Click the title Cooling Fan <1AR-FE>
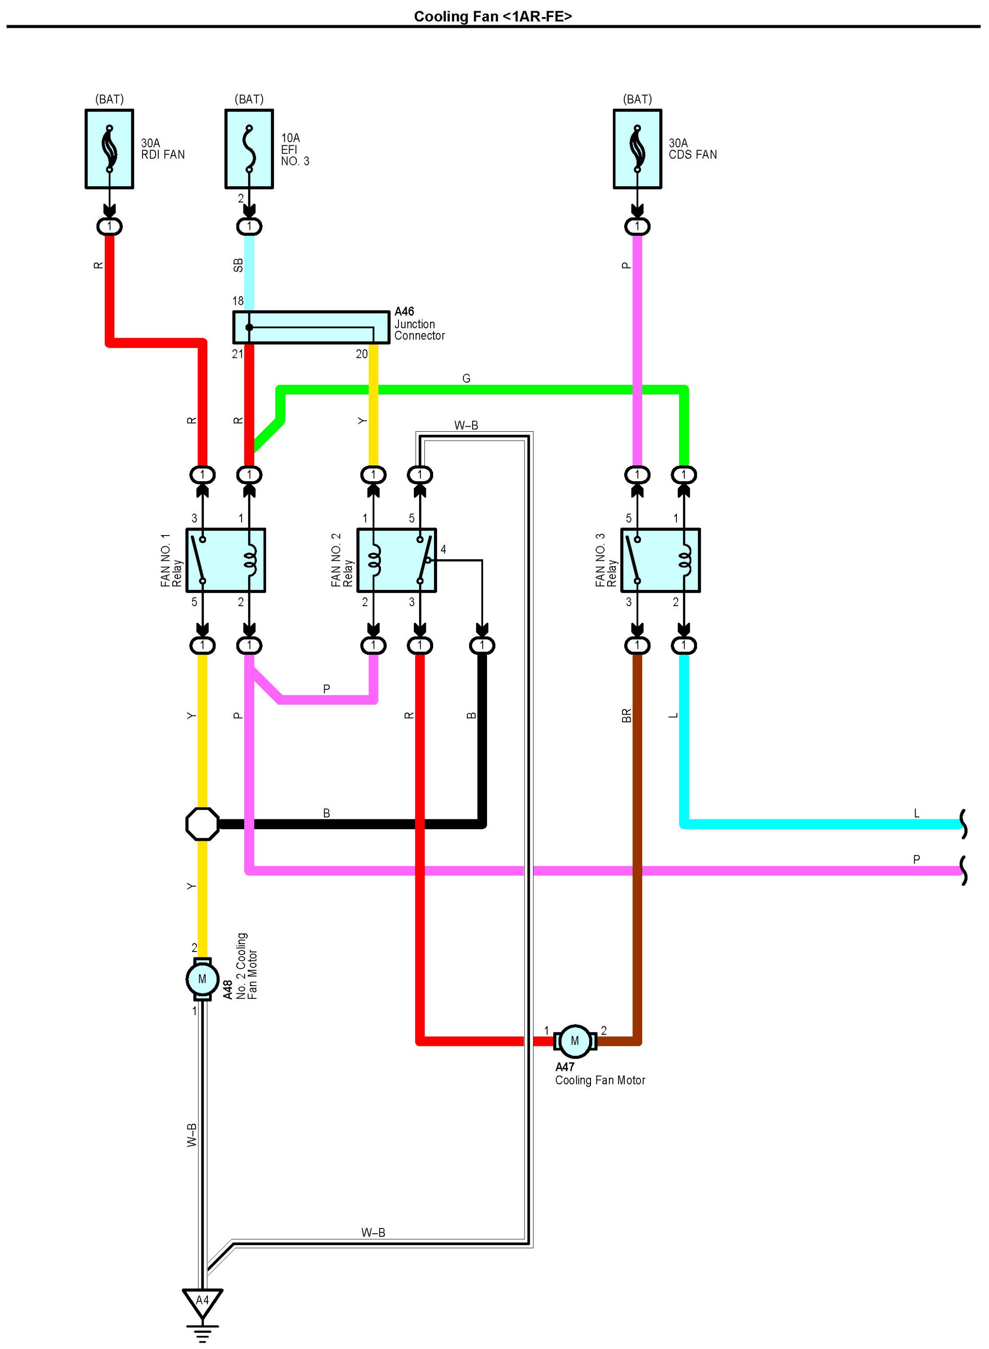pyautogui.click(x=493, y=16)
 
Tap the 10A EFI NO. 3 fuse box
pyautogui.click(x=249, y=149)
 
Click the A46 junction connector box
pyautogui.click(x=311, y=327)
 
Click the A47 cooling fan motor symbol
pyautogui.click(x=575, y=1041)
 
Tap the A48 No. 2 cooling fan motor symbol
pyautogui.click(x=202, y=979)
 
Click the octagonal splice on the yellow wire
pyautogui.click(x=202, y=824)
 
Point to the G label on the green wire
pyautogui.click(x=466, y=378)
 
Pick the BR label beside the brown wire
pyautogui.click(x=626, y=716)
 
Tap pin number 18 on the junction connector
pyautogui.click(x=237, y=301)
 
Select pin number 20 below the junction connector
pyautogui.click(x=362, y=354)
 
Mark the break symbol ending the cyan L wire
pyautogui.click(x=963, y=824)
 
